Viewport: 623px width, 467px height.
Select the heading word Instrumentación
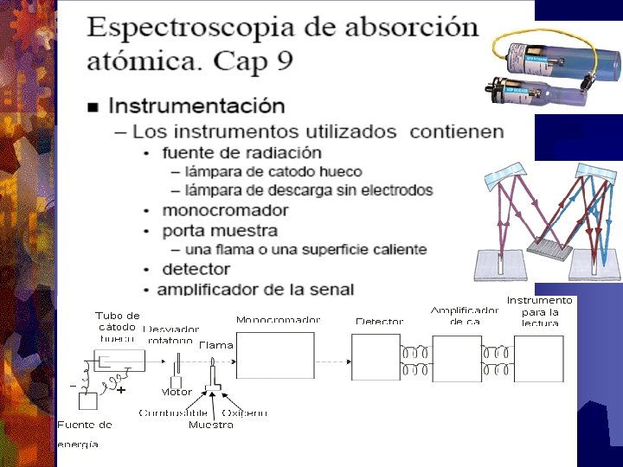(x=196, y=106)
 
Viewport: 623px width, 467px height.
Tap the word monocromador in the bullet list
(x=225, y=210)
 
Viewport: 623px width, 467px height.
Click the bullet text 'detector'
(x=196, y=270)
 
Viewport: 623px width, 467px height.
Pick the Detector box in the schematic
(x=376, y=357)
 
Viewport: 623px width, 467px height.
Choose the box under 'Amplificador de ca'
(x=456, y=357)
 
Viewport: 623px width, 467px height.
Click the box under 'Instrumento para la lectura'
(x=538, y=357)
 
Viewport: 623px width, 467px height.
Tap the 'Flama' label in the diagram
(x=216, y=345)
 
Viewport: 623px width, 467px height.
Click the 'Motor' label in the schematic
(x=177, y=392)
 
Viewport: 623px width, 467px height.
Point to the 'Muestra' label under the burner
(x=210, y=425)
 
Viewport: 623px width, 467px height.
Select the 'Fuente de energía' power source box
(x=87, y=401)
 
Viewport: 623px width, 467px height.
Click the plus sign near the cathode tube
(x=121, y=390)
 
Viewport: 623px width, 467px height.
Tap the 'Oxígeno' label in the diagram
(x=244, y=413)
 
